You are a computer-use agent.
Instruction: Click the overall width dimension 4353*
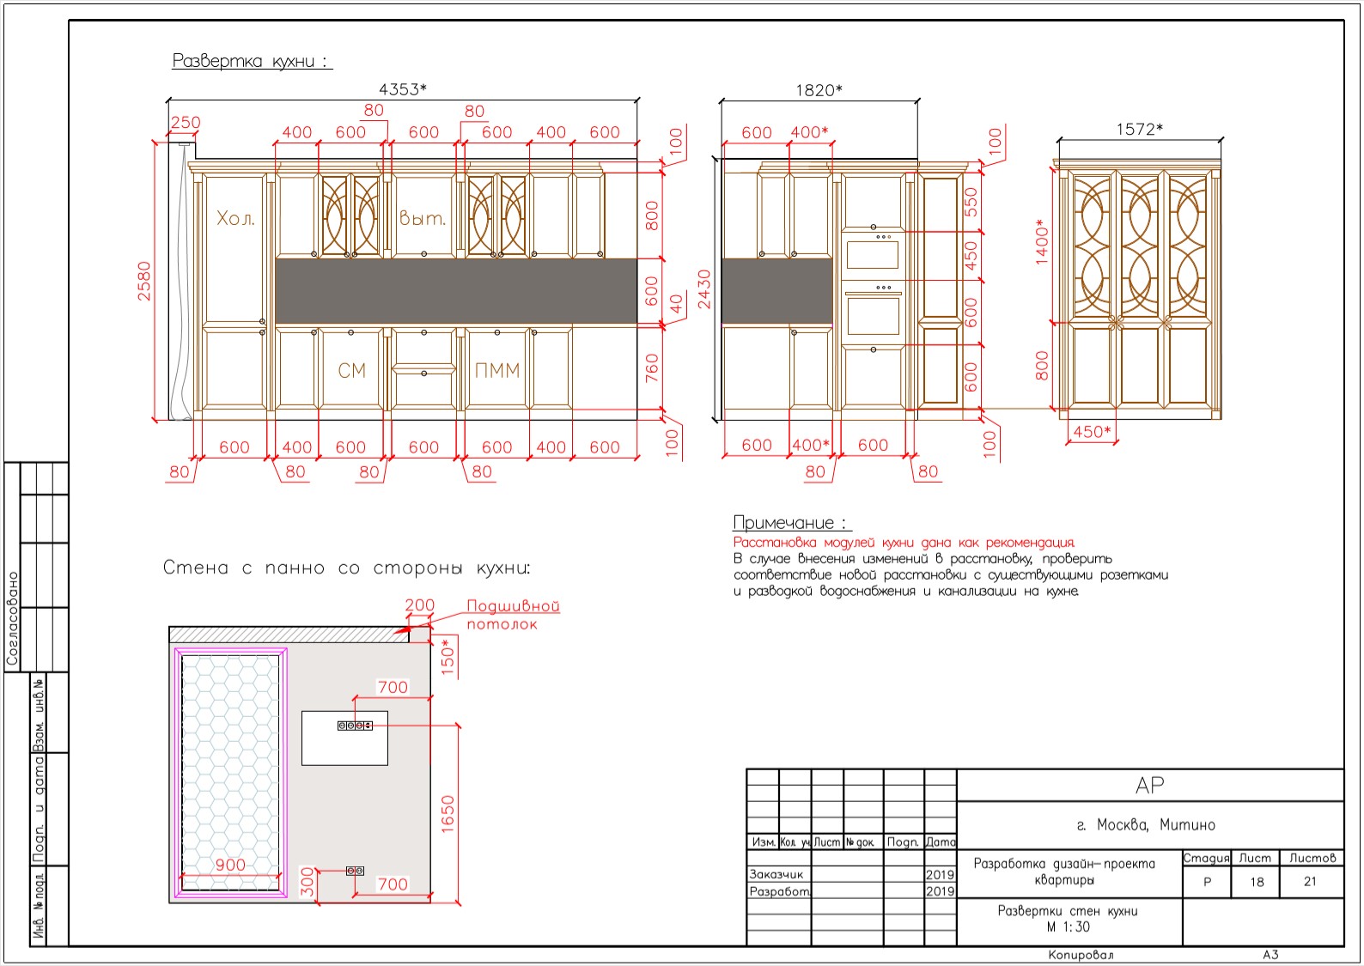403,89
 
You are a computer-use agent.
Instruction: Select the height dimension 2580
144,281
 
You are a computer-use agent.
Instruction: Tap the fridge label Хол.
235,218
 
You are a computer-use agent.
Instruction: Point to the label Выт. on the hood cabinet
423,218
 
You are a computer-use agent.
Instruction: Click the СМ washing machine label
352,370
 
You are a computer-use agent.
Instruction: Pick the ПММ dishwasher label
496,370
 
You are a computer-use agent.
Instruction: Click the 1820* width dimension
819,90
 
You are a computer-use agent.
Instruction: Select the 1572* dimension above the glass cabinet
1139,129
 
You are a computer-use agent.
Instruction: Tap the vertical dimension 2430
704,289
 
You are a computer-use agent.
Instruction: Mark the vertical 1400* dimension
1043,242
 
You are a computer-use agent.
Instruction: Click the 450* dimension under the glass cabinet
1092,432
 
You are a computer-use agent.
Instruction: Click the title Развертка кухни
250,61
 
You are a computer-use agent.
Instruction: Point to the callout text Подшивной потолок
513,615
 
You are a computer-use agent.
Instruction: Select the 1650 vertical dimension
448,814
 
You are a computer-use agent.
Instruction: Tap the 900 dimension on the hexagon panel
230,865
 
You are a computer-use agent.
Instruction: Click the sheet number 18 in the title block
1257,881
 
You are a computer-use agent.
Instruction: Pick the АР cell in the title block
1149,785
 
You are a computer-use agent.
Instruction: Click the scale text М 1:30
1068,927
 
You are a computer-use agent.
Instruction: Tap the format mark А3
1270,955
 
